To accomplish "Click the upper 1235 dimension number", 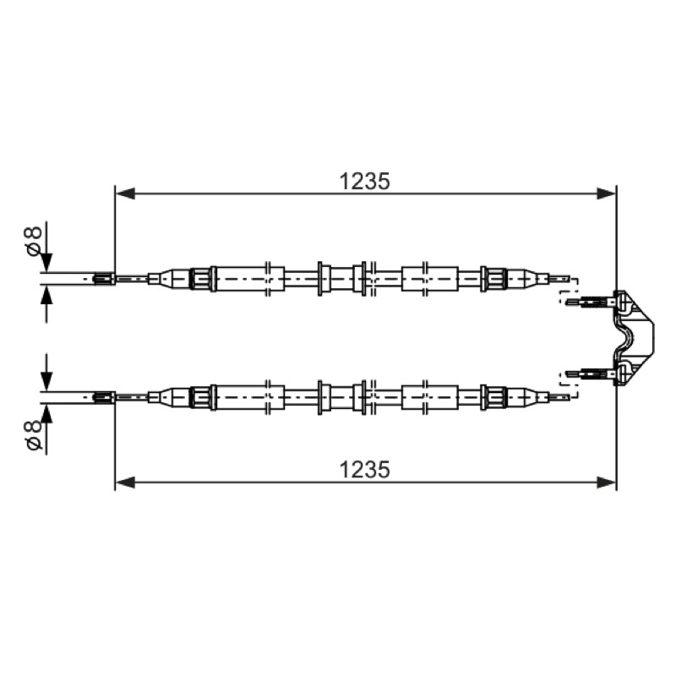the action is (x=365, y=181).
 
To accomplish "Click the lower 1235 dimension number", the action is (x=365, y=470).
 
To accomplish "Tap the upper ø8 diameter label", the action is (x=34, y=241).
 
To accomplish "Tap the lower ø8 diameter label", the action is (x=34, y=435).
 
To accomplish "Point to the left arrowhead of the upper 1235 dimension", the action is (x=125, y=194).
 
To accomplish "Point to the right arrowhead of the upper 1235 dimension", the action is (x=606, y=194).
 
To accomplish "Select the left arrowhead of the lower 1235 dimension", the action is (x=125, y=482).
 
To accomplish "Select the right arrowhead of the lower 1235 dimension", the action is (x=606, y=482).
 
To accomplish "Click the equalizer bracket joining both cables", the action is (x=632, y=337).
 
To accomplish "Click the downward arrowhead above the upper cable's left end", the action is (x=46, y=262).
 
